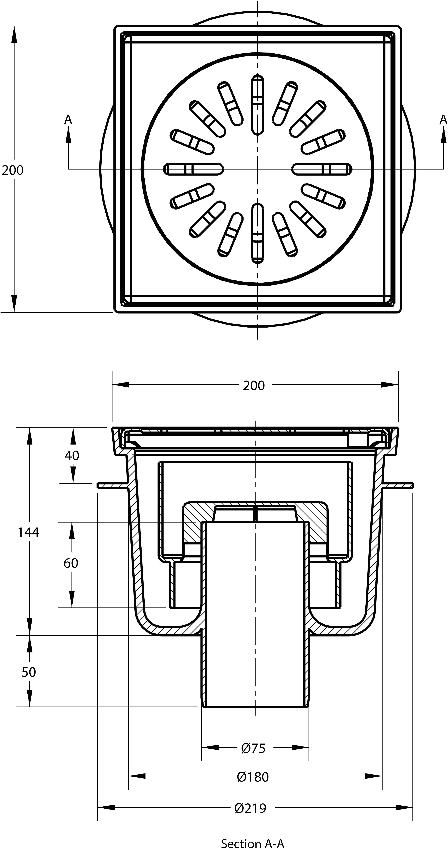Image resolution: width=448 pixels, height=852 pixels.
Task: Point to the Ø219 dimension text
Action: [250, 808]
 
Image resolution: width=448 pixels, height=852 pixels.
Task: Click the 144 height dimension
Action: [28, 532]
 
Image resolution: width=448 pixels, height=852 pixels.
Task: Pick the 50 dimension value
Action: [29, 672]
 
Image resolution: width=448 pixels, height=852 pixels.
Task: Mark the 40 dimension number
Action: [72, 456]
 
